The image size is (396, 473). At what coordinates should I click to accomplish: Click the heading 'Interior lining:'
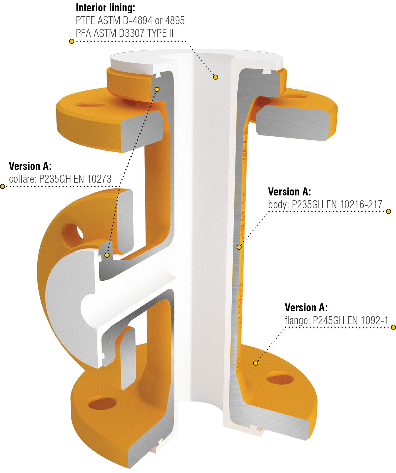click(106, 8)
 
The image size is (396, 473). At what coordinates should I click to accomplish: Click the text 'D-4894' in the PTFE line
click(132, 20)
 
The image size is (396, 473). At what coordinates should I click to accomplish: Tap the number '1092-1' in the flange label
click(374, 320)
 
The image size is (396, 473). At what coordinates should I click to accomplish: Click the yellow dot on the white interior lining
click(216, 77)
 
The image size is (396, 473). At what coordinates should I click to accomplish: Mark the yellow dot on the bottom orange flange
click(256, 363)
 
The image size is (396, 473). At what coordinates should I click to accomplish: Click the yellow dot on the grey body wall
click(239, 247)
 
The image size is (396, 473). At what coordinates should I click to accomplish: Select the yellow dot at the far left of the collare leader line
click(3, 186)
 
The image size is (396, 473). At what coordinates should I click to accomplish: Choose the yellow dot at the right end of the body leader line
click(389, 211)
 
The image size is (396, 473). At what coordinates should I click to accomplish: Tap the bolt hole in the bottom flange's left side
click(102, 403)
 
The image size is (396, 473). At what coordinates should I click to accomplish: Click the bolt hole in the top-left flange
click(91, 105)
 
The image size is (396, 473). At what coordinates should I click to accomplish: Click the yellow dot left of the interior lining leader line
click(72, 41)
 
